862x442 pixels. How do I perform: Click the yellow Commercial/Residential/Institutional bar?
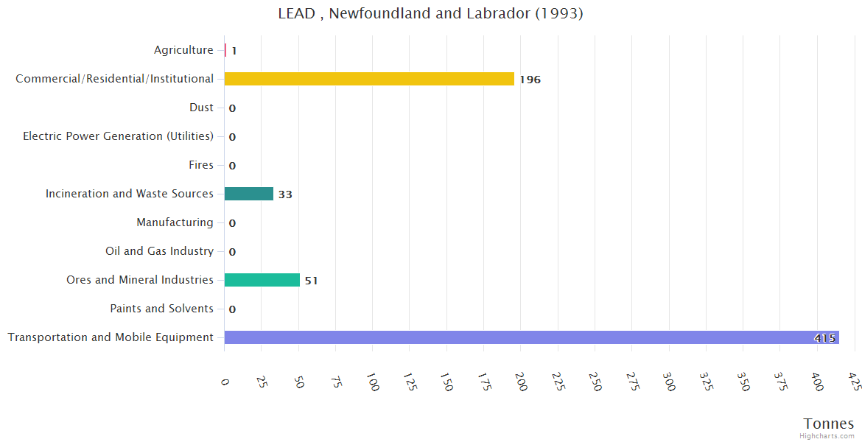[369, 79]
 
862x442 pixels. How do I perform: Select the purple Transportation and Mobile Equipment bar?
[530, 337]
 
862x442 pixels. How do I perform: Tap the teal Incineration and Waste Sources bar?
[248, 194]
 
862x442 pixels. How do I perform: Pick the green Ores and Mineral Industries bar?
[262, 280]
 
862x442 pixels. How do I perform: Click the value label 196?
[530, 80]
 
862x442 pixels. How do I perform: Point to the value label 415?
[824, 338]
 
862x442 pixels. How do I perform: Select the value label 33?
[285, 194]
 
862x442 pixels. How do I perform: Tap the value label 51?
[311, 281]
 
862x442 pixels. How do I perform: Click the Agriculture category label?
[183, 50]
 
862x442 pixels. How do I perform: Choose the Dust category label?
[201, 108]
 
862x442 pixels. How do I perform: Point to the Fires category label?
[200, 165]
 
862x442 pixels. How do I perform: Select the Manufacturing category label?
[175, 222]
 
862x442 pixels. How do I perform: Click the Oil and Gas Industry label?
[159, 251]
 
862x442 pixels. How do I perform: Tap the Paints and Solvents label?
[161, 309]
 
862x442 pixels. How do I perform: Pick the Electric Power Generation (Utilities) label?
[118, 136]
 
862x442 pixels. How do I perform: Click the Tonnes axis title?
[828, 424]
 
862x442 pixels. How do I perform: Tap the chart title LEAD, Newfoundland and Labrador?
[430, 13]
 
